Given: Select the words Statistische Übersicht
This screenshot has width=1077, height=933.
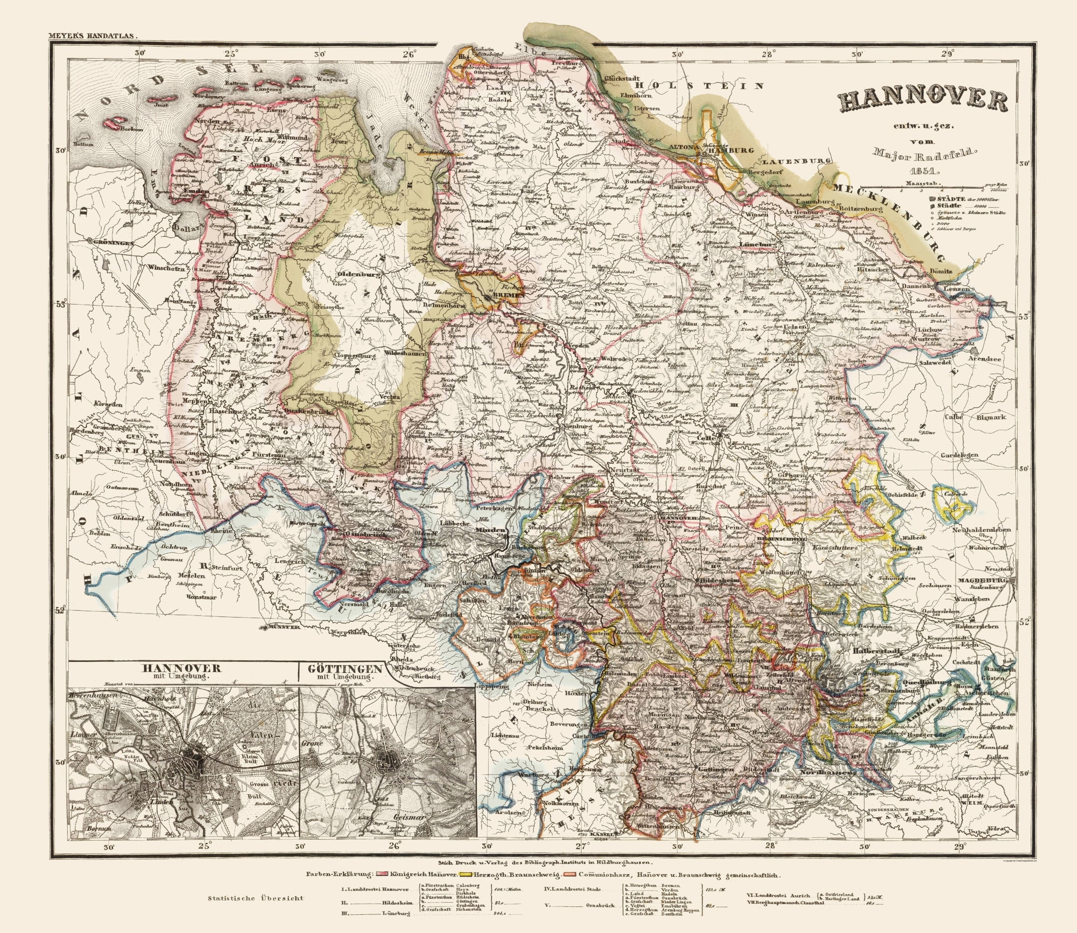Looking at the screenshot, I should click(x=256, y=912).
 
